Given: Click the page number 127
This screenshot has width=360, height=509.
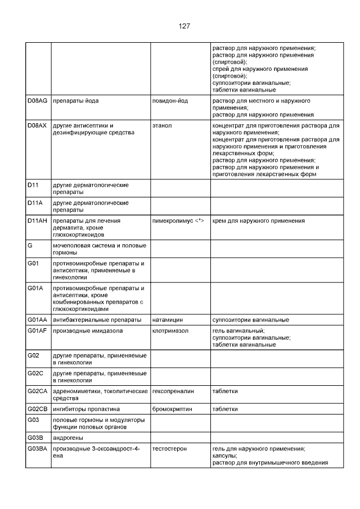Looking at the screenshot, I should click(184, 26).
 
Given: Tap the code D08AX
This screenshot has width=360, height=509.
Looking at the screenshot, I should click(38, 125).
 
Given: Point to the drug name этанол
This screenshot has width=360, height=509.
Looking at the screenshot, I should click(162, 125).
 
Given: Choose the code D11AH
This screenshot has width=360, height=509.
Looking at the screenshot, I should click(38, 221).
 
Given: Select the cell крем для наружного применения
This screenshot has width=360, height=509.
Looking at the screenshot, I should click(258, 221).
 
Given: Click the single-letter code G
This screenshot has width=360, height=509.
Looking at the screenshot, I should click(30, 246).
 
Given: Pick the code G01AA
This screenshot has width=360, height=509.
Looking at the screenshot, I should click(38, 319).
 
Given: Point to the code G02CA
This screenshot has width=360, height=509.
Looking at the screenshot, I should click(38, 390).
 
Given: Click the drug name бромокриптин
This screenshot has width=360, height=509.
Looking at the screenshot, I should click(172, 409).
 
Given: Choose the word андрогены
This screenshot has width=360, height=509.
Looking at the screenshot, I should click(68, 438).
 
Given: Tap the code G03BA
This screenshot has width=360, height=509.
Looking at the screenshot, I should click(38, 449).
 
